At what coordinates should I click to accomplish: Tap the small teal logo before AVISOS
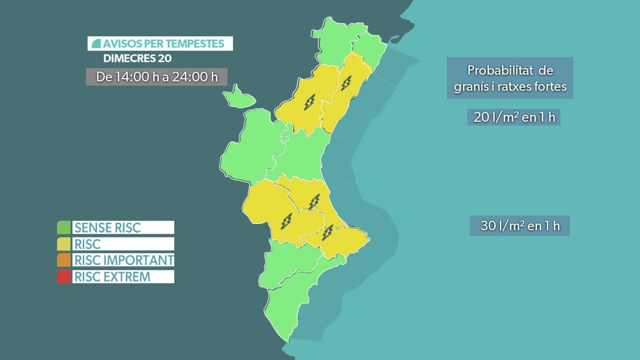pyautogui.click(x=96, y=44)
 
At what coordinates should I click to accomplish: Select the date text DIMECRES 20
pyautogui.click(x=137, y=58)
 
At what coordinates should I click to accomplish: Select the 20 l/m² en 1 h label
pyautogui.click(x=514, y=117)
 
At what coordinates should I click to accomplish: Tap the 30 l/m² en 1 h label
pyautogui.click(x=520, y=226)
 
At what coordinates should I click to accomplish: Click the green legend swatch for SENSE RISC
pyautogui.click(x=64, y=228)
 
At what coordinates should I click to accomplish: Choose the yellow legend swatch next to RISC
pyautogui.click(x=64, y=244)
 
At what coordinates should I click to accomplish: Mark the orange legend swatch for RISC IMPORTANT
pyautogui.click(x=64, y=260)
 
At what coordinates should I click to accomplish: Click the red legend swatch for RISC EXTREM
pyautogui.click(x=64, y=277)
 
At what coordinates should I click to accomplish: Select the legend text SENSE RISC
pyautogui.click(x=108, y=228)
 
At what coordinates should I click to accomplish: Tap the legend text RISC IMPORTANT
pyautogui.click(x=124, y=260)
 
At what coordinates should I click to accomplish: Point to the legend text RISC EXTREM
pyautogui.click(x=112, y=277)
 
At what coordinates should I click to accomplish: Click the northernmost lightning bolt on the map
pyautogui.click(x=346, y=83)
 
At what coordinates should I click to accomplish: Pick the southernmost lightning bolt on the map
pyautogui.click(x=328, y=232)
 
